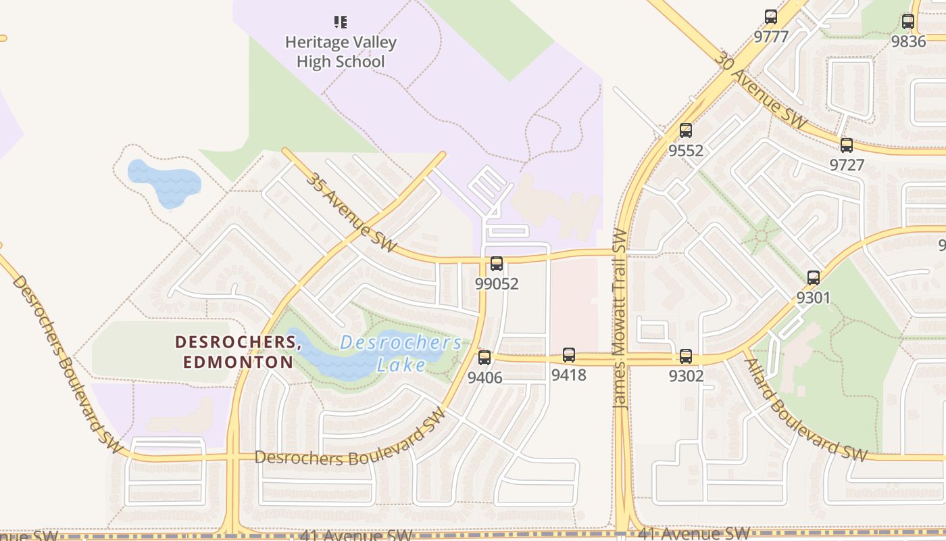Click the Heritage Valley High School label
point(341,52)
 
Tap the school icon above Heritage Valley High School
point(341,22)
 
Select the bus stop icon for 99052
point(497,264)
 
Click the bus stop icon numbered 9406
point(484,358)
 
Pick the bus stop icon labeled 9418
point(569,355)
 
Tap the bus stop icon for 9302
point(686,356)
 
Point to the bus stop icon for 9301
point(814,277)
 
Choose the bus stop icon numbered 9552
point(686,131)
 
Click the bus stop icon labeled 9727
point(847,145)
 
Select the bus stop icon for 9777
point(771,17)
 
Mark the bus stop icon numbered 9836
point(908,22)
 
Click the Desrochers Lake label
point(401,354)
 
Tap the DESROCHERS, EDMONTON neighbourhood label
point(238,352)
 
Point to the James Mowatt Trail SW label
point(620,318)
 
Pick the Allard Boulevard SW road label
point(805,409)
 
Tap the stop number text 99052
point(497,283)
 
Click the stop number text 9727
point(847,165)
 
